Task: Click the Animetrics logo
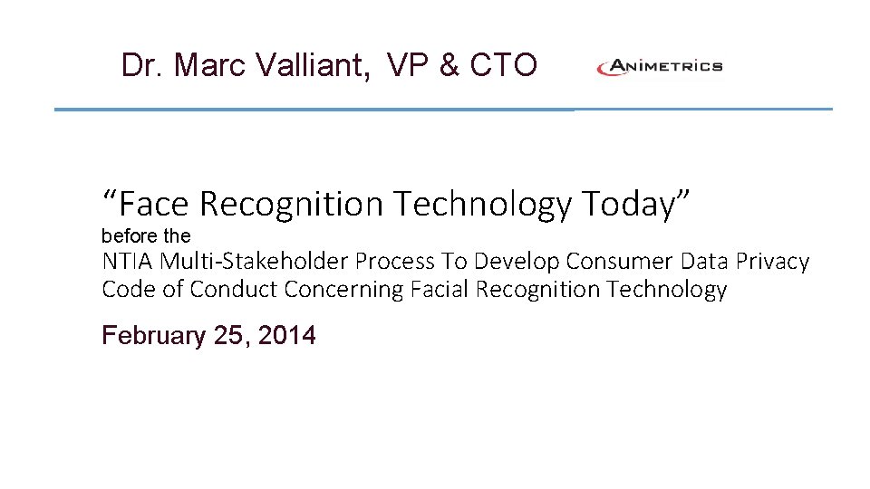pos(659,66)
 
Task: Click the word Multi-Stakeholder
pos(255,262)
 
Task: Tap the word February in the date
pos(154,336)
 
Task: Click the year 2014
pos(287,336)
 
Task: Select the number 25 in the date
pos(229,336)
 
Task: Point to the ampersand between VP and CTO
pos(448,65)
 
